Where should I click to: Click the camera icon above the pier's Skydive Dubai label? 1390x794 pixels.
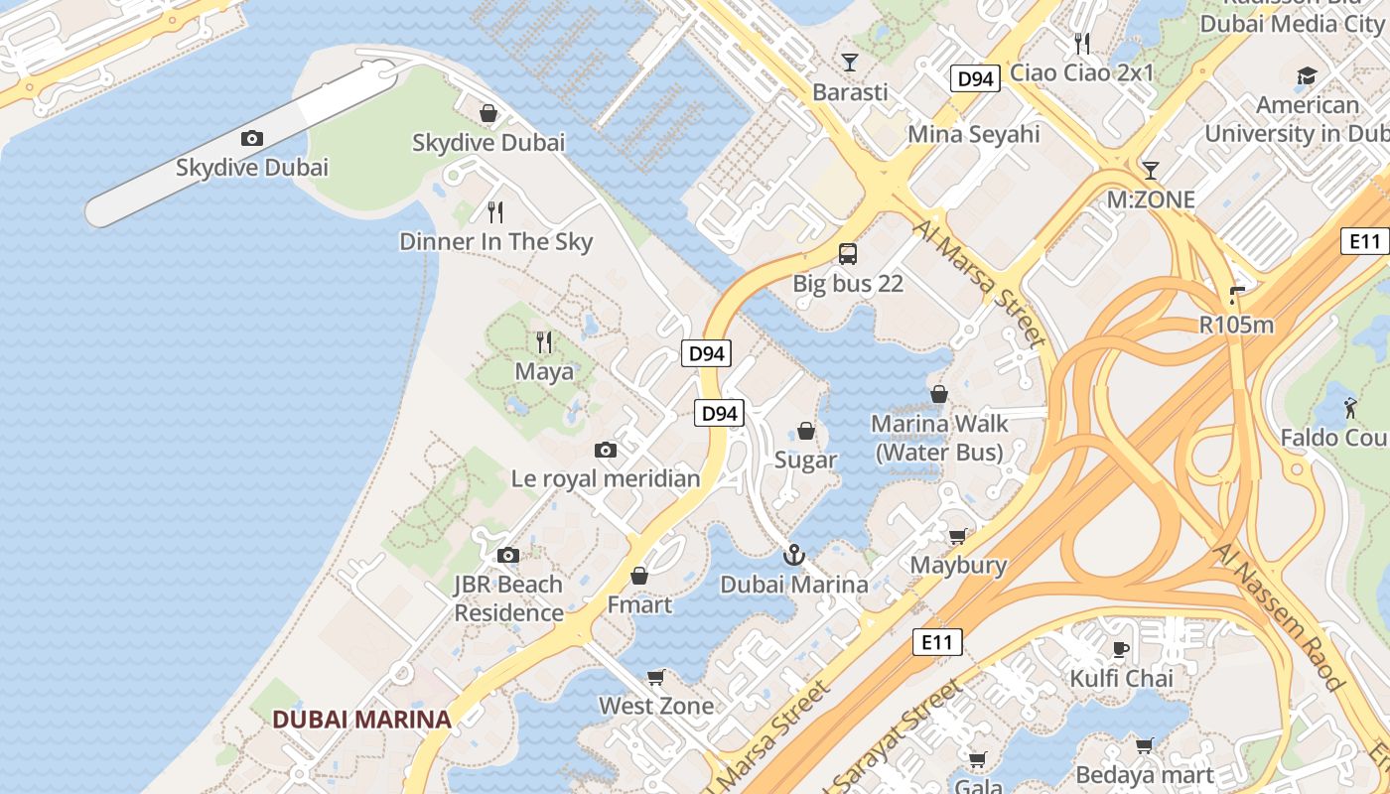coord(252,138)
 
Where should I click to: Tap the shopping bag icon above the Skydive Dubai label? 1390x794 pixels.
coord(487,113)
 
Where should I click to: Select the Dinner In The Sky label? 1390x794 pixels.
coord(495,241)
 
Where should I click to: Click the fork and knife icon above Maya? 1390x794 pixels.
coord(544,342)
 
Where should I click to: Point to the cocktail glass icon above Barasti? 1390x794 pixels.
coord(850,63)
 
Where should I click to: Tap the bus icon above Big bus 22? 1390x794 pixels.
coord(848,254)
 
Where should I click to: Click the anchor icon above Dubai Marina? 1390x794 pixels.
coord(793,555)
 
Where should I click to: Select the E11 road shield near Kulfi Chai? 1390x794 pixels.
coord(936,642)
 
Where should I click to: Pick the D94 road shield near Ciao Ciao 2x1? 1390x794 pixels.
coord(974,79)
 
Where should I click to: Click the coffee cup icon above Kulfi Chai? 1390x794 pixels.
coord(1121,649)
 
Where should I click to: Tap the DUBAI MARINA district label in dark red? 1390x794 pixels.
coord(361,720)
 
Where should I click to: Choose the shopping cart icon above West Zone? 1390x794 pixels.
coord(655,677)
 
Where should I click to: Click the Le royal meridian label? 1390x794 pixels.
coord(606,478)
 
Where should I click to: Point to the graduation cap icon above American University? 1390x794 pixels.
coord(1307,75)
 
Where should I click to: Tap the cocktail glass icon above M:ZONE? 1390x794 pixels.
coord(1151,170)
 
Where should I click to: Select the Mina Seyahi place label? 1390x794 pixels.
coord(973,134)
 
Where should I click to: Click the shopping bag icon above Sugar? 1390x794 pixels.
coord(806,431)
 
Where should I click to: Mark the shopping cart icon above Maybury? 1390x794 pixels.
coord(958,536)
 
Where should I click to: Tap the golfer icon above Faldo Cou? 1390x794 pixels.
coord(1350,407)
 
